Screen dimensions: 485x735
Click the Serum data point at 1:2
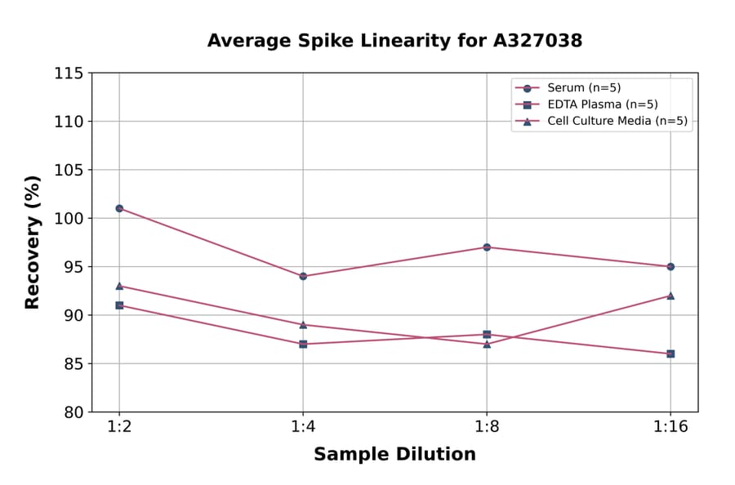coord(119,208)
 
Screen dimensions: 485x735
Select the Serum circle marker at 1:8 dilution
coord(487,247)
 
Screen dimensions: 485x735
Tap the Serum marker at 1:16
coord(670,266)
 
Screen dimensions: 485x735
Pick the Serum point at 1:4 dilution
coord(303,276)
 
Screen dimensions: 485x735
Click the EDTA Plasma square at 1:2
coord(119,305)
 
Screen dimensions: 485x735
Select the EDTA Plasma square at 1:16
coord(670,354)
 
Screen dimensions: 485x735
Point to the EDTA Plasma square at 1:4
coord(303,344)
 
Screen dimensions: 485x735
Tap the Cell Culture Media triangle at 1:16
coord(670,296)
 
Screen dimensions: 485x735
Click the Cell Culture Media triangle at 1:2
coord(119,286)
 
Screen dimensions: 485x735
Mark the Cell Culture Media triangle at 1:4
coord(303,324)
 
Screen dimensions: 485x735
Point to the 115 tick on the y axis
coord(69,73)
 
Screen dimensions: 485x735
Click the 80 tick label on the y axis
coord(73,412)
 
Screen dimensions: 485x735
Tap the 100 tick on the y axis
coord(69,219)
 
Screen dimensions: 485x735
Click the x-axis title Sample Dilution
coord(394,455)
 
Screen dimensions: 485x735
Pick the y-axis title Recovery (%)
coord(33,242)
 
